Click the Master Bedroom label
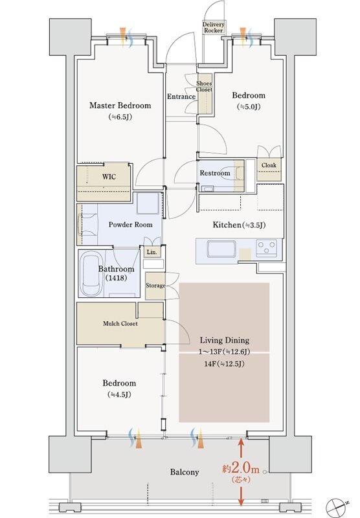(x=120, y=106)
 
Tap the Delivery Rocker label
(x=214, y=27)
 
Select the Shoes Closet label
(x=204, y=87)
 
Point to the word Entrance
(x=181, y=96)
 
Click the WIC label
(x=109, y=177)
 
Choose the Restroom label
(x=215, y=173)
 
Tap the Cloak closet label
(x=269, y=165)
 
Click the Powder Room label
(x=130, y=225)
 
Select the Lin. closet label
(x=152, y=252)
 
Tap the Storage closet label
(x=155, y=286)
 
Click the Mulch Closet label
(x=120, y=324)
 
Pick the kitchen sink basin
(x=221, y=249)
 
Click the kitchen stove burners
(x=267, y=248)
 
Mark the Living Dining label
(x=225, y=341)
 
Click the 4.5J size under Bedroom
(x=119, y=394)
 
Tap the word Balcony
(x=185, y=472)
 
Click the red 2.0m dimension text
(x=241, y=469)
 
